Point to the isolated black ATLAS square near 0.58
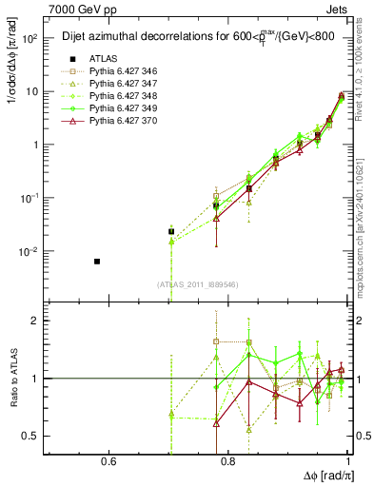point(97,261)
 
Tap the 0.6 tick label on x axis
point(108,463)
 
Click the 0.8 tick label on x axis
point(228,463)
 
